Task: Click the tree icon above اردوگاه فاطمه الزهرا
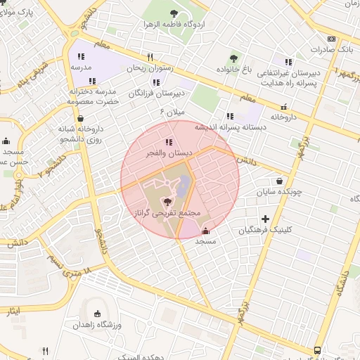[174, 13]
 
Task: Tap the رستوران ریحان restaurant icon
[150, 58]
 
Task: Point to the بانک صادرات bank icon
[331, 39]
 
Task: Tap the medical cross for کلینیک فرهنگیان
[265, 219]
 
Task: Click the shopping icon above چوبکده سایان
[280, 180]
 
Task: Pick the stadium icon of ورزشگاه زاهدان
[97, 314]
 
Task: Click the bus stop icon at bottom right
[318, 349]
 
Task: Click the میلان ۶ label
[172, 112]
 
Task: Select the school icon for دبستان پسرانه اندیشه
[229, 116]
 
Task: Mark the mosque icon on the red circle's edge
[205, 230]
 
